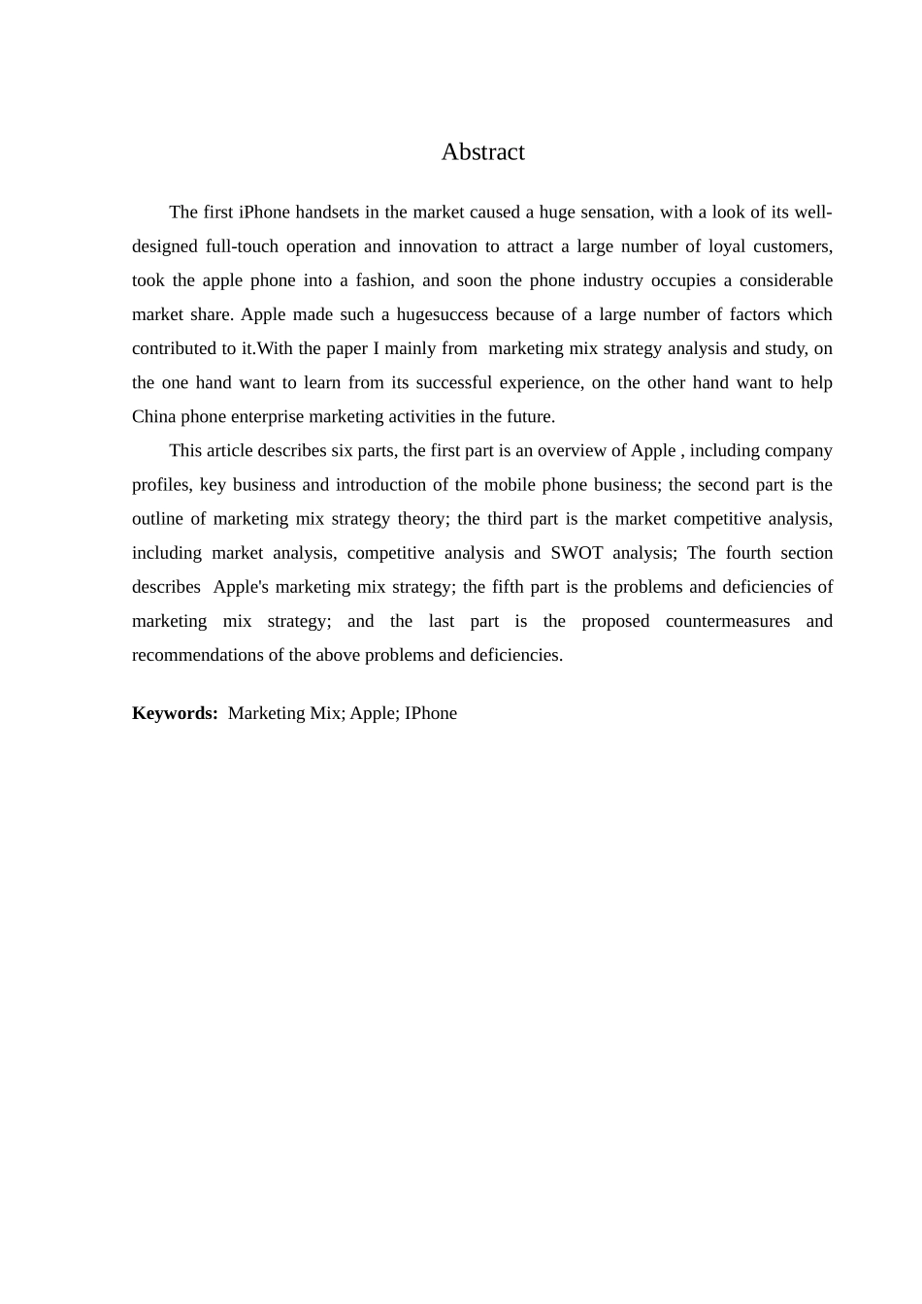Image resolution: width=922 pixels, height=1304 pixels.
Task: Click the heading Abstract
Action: (482, 152)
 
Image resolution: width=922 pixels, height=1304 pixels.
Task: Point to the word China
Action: (153, 417)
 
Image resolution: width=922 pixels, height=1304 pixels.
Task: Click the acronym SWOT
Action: (576, 553)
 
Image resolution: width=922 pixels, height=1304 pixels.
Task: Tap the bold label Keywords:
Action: (175, 713)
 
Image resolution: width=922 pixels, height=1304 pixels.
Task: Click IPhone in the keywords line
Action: (431, 713)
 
